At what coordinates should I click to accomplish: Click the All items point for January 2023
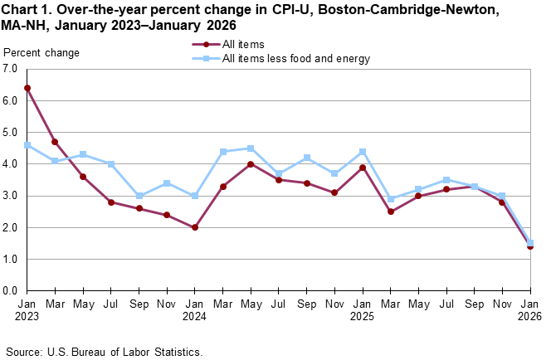[x=27, y=88]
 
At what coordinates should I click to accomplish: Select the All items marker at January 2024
[x=195, y=227]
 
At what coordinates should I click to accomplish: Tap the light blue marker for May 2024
[x=251, y=148]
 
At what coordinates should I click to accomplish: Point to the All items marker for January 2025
[x=363, y=168]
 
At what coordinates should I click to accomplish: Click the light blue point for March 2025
[x=390, y=199]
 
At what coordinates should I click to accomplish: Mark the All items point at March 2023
[x=56, y=142]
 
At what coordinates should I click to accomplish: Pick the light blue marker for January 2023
[x=27, y=145]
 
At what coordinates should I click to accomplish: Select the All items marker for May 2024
[x=251, y=164]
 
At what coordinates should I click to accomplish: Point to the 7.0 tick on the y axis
[x=11, y=69]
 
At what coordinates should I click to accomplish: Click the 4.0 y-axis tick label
[x=11, y=164]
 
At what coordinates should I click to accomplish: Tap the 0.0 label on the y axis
[x=11, y=291]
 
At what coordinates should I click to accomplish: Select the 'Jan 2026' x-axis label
[x=529, y=309]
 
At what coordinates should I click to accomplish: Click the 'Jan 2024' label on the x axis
[x=195, y=309]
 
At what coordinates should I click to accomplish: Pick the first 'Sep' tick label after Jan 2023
[x=139, y=304]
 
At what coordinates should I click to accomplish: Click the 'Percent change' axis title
[x=41, y=53]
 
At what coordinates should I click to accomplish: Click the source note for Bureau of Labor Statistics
[x=104, y=352]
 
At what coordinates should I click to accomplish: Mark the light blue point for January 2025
[x=363, y=152]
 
